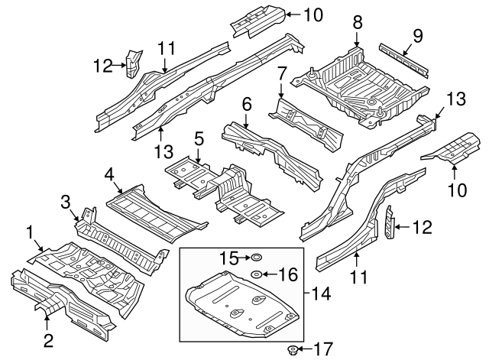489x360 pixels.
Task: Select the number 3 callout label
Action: click(66, 202)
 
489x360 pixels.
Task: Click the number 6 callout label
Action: click(246, 102)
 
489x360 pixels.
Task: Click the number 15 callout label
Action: click(224, 258)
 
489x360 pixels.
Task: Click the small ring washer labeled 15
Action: click(257, 258)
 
